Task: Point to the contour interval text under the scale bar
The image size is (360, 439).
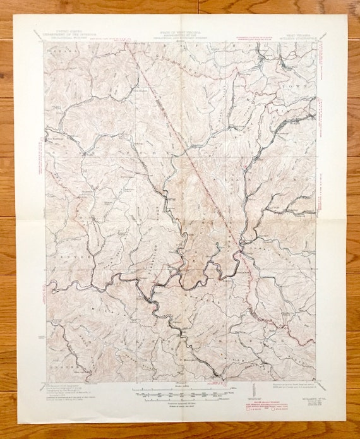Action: [180, 402]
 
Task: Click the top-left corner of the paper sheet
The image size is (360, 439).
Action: [15, 15]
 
